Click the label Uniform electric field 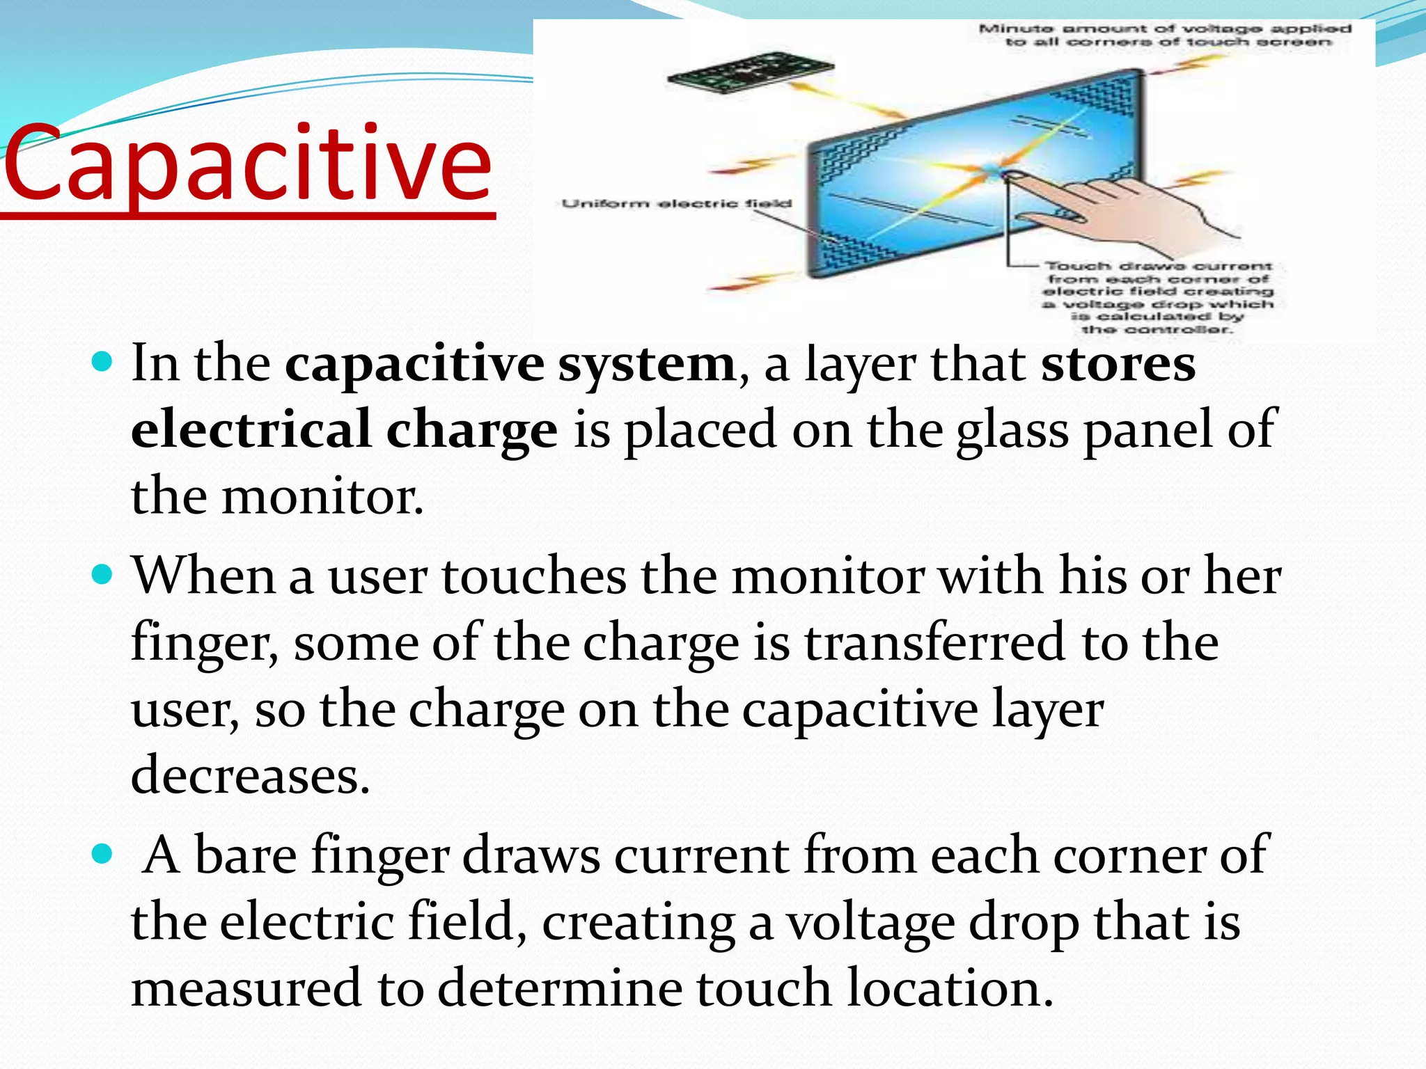coord(676,204)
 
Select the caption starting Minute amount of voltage coord(1165,35)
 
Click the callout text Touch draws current coord(1158,267)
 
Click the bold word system coord(646,364)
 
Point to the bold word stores coord(1118,364)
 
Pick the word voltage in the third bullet coord(871,922)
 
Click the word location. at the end coord(950,988)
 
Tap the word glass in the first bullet coord(1012,431)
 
